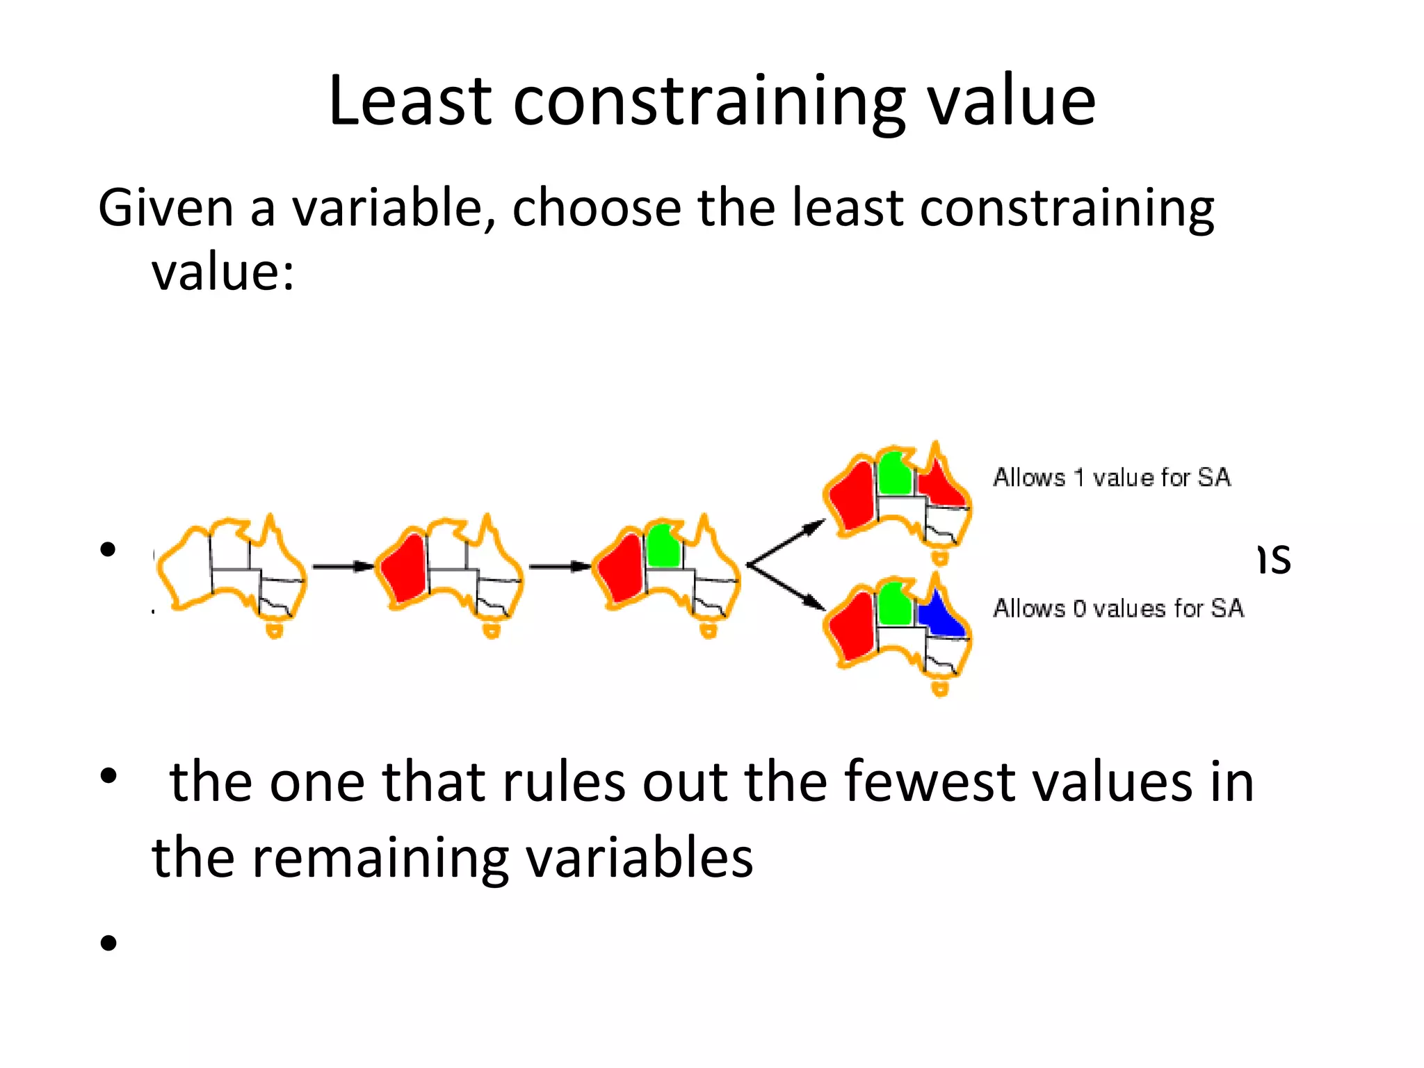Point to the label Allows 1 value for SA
[1111, 478]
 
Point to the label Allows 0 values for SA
[1117, 608]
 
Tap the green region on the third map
[663, 546]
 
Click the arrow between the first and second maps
[343, 567]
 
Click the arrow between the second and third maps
[560, 567]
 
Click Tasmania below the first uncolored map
[275, 631]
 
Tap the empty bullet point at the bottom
[108, 944]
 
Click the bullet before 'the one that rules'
[108, 776]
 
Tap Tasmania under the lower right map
[940, 689]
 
